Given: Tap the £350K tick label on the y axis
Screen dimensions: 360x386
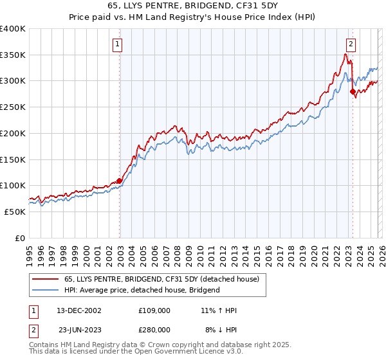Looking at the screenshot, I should coord(13,55).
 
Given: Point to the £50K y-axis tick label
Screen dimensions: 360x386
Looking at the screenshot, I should coord(15,212).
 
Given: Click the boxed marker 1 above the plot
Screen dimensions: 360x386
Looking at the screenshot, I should coord(119,44).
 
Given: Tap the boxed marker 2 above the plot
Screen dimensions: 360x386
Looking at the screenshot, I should coord(351,44).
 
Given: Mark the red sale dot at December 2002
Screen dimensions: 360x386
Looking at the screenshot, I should coord(120,181).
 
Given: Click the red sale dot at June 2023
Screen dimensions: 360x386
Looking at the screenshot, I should coord(353,91).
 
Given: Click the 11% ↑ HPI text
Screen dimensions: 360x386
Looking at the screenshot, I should coord(219,310).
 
